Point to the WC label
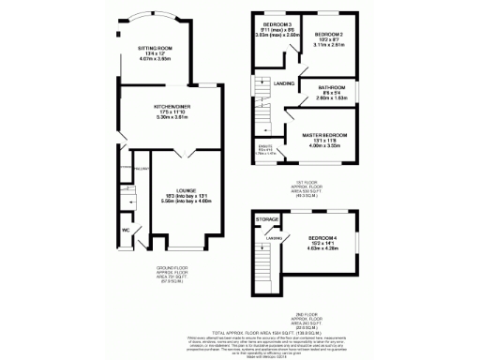coord(125,230)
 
